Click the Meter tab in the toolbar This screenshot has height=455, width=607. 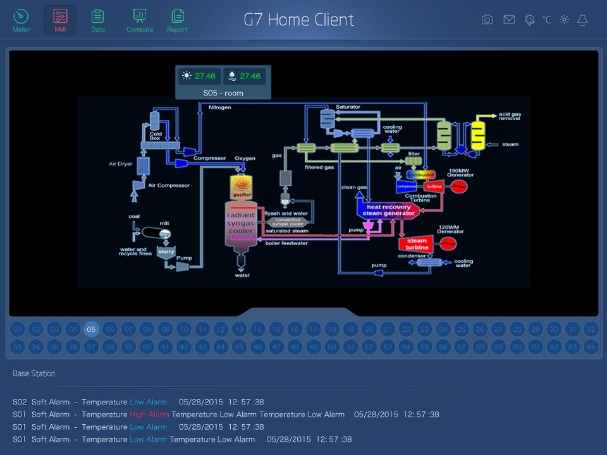(21, 20)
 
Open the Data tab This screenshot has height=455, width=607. (97, 20)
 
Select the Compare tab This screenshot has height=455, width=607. (140, 20)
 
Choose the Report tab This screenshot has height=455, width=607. (177, 20)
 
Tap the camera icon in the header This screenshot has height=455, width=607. (487, 20)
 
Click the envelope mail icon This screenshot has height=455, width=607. (509, 20)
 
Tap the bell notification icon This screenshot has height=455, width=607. (582, 20)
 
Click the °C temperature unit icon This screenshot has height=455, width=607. (547, 20)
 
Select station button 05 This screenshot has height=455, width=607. (92, 329)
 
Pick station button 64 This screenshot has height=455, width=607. (591, 346)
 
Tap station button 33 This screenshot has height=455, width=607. (18, 346)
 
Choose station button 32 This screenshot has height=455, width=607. (591, 329)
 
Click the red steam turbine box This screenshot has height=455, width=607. (417, 244)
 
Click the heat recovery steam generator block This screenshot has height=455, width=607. (388, 210)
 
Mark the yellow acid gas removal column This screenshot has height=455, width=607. (477, 135)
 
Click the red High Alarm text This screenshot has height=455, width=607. (149, 415)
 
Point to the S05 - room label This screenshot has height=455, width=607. (223, 93)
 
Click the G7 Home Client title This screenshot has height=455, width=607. (299, 20)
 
